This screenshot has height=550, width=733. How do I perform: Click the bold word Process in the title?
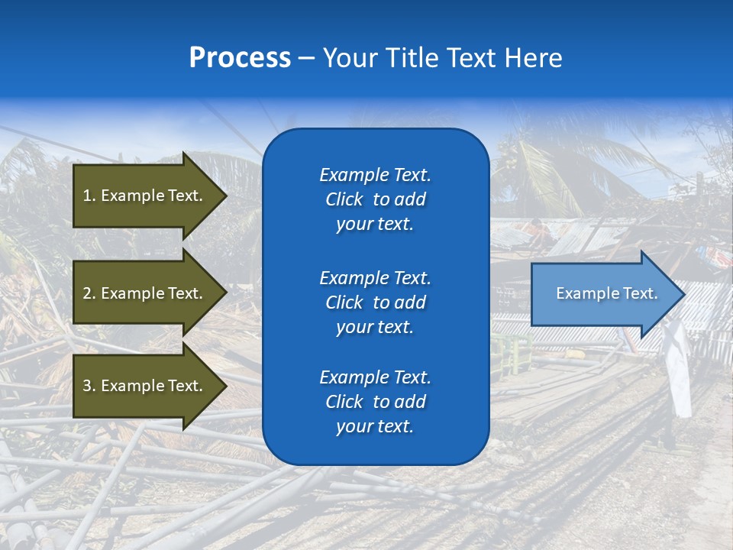(240, 58)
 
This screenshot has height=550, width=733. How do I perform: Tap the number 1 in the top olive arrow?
(87, 196)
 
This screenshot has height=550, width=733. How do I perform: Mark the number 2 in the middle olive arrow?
(87, 293)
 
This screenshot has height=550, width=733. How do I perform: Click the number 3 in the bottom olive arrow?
(87, 386)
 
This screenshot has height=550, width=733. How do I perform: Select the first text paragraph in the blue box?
(375, 199)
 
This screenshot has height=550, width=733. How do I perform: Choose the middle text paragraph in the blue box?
(375, 302)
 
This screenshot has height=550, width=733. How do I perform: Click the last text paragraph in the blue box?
(375, 402)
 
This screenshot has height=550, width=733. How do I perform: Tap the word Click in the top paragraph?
(344, 199)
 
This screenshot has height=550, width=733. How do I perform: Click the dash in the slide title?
(306, 59)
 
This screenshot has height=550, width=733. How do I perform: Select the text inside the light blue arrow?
(606, 293)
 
